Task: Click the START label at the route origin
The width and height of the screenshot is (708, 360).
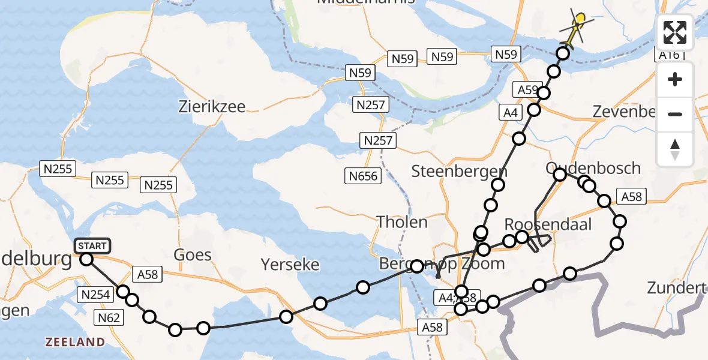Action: pos(92,246)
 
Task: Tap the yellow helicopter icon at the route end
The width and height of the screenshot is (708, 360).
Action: pos(578,25)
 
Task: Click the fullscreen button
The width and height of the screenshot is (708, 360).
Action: pos(675,32)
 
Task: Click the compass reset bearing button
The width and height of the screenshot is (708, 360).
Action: pos(675,149)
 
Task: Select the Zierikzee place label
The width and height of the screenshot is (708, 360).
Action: pos(212,107)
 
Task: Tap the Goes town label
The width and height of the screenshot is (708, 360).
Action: pos(193,255)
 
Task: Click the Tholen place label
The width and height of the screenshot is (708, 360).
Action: pos(402,222)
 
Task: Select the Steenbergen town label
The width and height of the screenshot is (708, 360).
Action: pos(459,171)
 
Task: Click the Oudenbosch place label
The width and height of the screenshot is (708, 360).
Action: pos(593,167)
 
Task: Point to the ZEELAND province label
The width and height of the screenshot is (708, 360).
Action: pos(76,342)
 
